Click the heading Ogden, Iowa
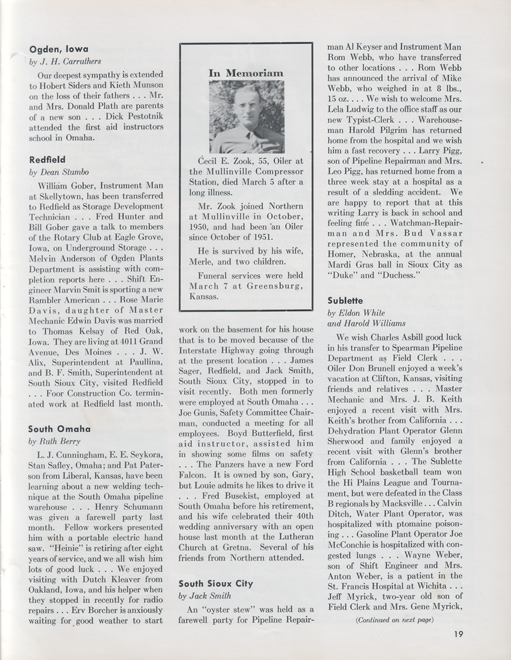59,49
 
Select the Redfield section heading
48,160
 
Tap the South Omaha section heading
60,429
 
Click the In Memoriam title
246,72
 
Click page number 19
458,634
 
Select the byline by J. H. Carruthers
65,62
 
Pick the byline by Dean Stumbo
59,172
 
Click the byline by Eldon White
354,313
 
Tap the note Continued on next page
395,619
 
